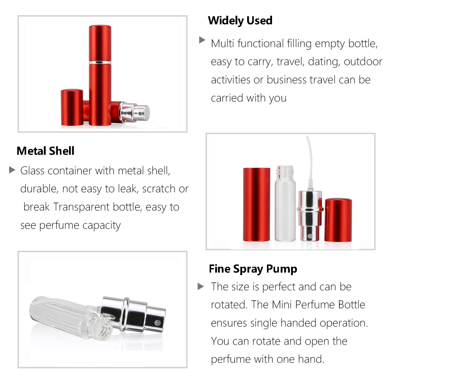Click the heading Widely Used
coord(240,20)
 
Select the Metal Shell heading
coord(46,151)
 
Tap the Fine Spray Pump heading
coord(253,269)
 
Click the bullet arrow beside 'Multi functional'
coord(202,40)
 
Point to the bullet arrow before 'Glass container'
coord(12,170)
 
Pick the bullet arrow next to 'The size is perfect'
coord(201,286)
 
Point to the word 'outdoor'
coord(363,62)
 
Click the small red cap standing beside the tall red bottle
coord(72,107)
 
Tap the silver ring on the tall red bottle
coord(100,62)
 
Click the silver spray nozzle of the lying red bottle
coord(135,112)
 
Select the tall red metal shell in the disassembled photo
coord(256,204)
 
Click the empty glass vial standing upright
coord(285,203)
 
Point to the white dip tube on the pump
coord(310,161)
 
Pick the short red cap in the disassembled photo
coord(338,220)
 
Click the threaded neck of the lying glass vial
coord(102,327)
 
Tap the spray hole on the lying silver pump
coord(157,323)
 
